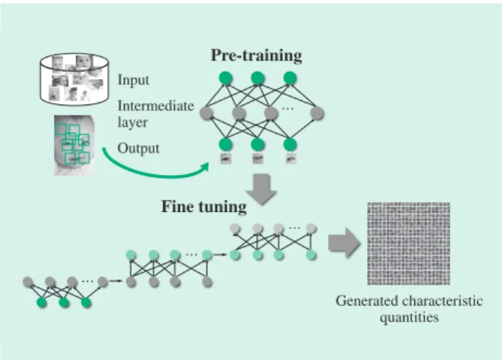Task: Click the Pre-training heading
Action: pyautogui.click(x=256, y=56)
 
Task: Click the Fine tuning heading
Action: pyautogui.click(x=204, y=207)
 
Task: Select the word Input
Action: pyautogui.click(x=133, y=80)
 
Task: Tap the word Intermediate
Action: pyautogui.click(x=155, y=106)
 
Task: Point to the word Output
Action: pyautogui.click(x=139, y=149)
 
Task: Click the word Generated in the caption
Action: pyautogui.click(x=367, y=302)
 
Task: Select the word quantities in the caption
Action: pyautogui.click(x=409, y=318)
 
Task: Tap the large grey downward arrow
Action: pyautogui.click(x=261, y=189)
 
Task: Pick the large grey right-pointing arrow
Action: pyautogui.click(x=345, y=242)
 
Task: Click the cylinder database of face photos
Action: pyautogui.click(x=74, y=79)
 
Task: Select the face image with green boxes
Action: pyautogui.click(x=74, y=145)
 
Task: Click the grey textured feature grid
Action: pyautogui.click(x=408, y=243)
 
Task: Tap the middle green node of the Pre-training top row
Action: pyautogui.click(x=258, y=78)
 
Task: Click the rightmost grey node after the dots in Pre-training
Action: pyautogui.click(x=317, y=113)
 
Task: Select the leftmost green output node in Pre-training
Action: pyautogui.click(x=226, y=144)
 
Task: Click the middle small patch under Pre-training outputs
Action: pyautogui.click(x=258, y=158)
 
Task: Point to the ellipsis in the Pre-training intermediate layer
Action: pyautogui.click(x=288, y=109)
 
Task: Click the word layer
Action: pyautogui.click(x=133, y=123)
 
